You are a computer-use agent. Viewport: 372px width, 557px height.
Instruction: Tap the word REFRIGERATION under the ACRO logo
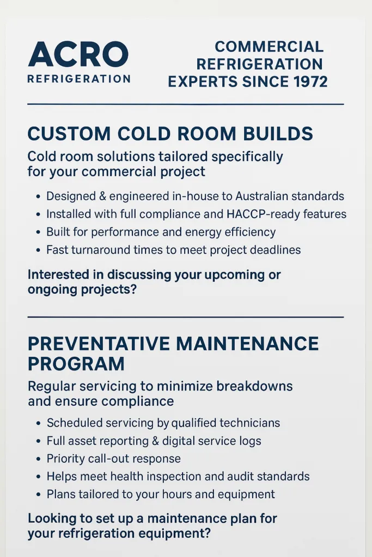[x=78, y=79]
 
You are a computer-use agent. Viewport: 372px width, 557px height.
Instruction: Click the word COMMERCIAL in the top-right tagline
[x=269, y=47]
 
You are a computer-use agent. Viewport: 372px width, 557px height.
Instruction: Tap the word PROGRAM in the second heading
[x=76, y=363]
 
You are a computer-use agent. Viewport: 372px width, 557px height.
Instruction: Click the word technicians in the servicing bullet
[x=247, y=423]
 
